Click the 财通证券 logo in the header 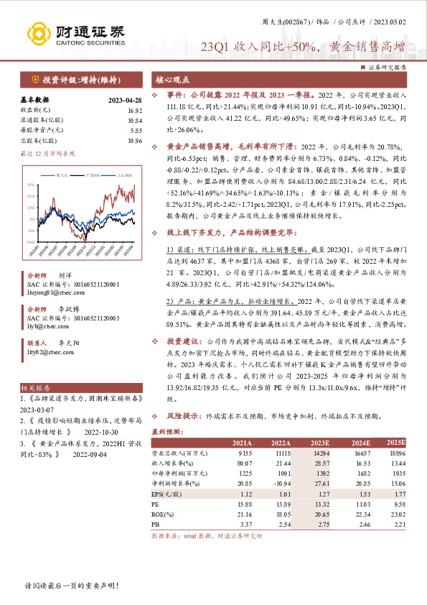[75, 32]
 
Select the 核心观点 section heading [172, 80]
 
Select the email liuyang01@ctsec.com [51, 294]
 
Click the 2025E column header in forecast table [395, 443]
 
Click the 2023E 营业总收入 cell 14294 [318, 455]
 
